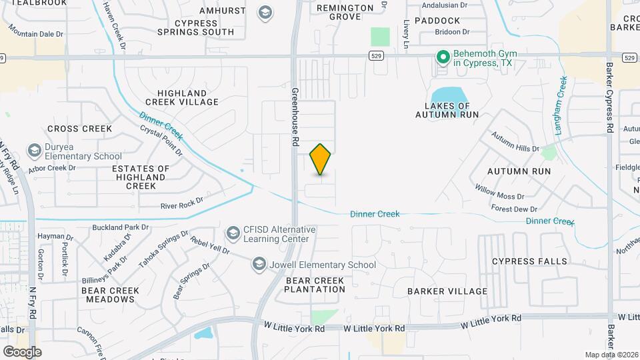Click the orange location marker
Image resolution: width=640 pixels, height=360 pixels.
[x=321, y=159]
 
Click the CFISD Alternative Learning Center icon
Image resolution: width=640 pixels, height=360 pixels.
[x=233, y=233]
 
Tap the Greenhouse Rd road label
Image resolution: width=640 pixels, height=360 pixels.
[x=294, y=117]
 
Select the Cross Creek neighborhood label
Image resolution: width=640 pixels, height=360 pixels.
[x=79, y=128]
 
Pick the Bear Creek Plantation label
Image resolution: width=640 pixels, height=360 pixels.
[x=315, y=285]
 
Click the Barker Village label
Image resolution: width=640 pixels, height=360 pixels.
[x=447, y=291]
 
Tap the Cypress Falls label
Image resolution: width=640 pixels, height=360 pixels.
[x=529, y=261]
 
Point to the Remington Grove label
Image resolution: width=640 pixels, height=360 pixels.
[x=345, y=12]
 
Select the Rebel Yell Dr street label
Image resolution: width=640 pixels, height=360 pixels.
[x=209, y=245]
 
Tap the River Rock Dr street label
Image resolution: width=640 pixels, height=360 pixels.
[x=181, y=203]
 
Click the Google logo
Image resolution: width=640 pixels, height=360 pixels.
[x=22, y=351]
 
